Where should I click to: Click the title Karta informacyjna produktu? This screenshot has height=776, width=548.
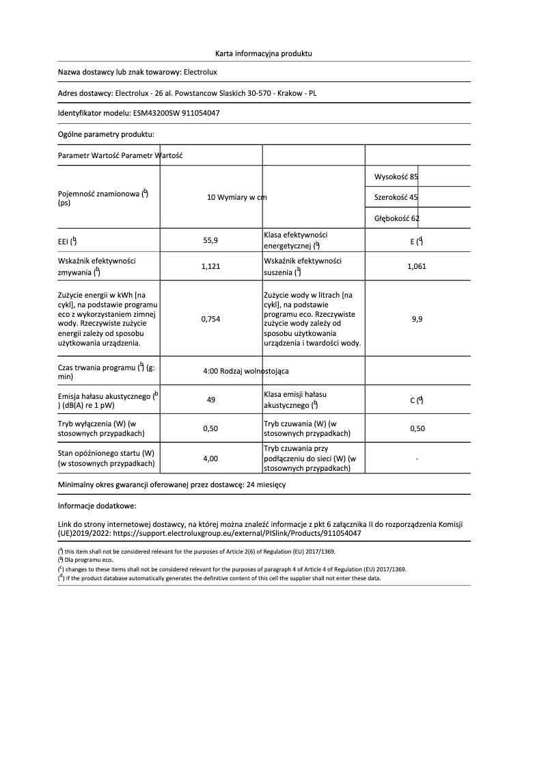[263, 53]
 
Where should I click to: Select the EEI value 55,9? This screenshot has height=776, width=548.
[211, 241]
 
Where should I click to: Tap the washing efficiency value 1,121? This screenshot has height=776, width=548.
[211, 267]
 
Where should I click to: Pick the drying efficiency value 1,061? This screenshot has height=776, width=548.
[416, 267]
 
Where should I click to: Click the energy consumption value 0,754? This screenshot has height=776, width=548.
[211, 319]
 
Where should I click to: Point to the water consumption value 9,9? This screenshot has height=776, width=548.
[417, 319]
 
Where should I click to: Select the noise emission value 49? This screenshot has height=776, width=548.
[211, 401]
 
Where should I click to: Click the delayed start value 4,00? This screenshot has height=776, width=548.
[211, 458]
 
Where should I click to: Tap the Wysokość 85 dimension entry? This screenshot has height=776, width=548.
[396, 177]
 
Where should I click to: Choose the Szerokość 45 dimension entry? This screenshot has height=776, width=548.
[396, 198]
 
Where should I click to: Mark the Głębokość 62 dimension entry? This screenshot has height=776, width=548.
[397, 218]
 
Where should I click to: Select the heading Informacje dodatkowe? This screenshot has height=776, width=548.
[97, 506]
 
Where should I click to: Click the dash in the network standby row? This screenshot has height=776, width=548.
[417, 458]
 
